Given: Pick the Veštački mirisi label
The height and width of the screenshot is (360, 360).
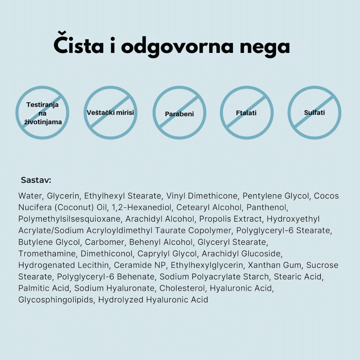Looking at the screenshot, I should coord(110,113).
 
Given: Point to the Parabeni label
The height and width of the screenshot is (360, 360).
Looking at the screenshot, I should coord(179,114).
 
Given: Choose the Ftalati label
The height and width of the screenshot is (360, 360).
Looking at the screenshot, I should coord(246,113).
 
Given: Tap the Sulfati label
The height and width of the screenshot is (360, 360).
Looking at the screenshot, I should coord(314,113).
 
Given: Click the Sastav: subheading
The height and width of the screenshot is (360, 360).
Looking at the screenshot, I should coord(36,180).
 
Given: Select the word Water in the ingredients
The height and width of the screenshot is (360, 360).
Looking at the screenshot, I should coord(31,196).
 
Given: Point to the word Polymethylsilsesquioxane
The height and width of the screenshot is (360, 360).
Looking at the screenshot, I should coord(71,219).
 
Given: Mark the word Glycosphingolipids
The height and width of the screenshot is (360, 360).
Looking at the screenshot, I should coord(55,300).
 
